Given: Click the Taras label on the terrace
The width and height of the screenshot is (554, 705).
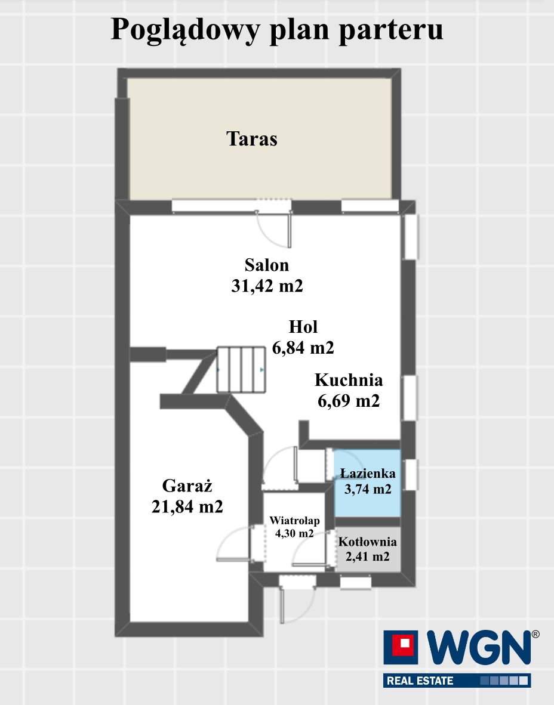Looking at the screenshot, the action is pos(251,138).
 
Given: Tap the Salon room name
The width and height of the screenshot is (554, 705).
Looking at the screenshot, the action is pos(266,265).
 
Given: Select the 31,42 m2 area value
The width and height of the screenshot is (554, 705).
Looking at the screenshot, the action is pos(267,286).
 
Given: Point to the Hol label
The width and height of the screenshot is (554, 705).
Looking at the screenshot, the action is pos(303,327).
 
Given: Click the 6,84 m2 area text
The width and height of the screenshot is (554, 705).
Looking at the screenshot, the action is pos(303,348).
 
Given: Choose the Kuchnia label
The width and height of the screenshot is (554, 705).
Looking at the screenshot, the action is pos(348,380).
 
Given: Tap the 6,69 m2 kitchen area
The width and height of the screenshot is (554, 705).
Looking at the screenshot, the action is pos(348,401).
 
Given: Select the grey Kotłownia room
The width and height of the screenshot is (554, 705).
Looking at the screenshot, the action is pos(368,549).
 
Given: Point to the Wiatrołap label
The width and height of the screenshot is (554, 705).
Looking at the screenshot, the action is pos(294,521).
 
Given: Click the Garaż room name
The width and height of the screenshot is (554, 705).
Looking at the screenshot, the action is pos(187,486).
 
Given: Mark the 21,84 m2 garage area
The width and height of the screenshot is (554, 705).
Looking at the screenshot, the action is pos(187,507).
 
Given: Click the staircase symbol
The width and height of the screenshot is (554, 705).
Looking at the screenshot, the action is pos(241,370).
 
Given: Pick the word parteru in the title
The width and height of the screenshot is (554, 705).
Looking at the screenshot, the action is pos(390,30).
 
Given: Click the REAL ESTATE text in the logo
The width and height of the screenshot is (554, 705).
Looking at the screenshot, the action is pos(420,681).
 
